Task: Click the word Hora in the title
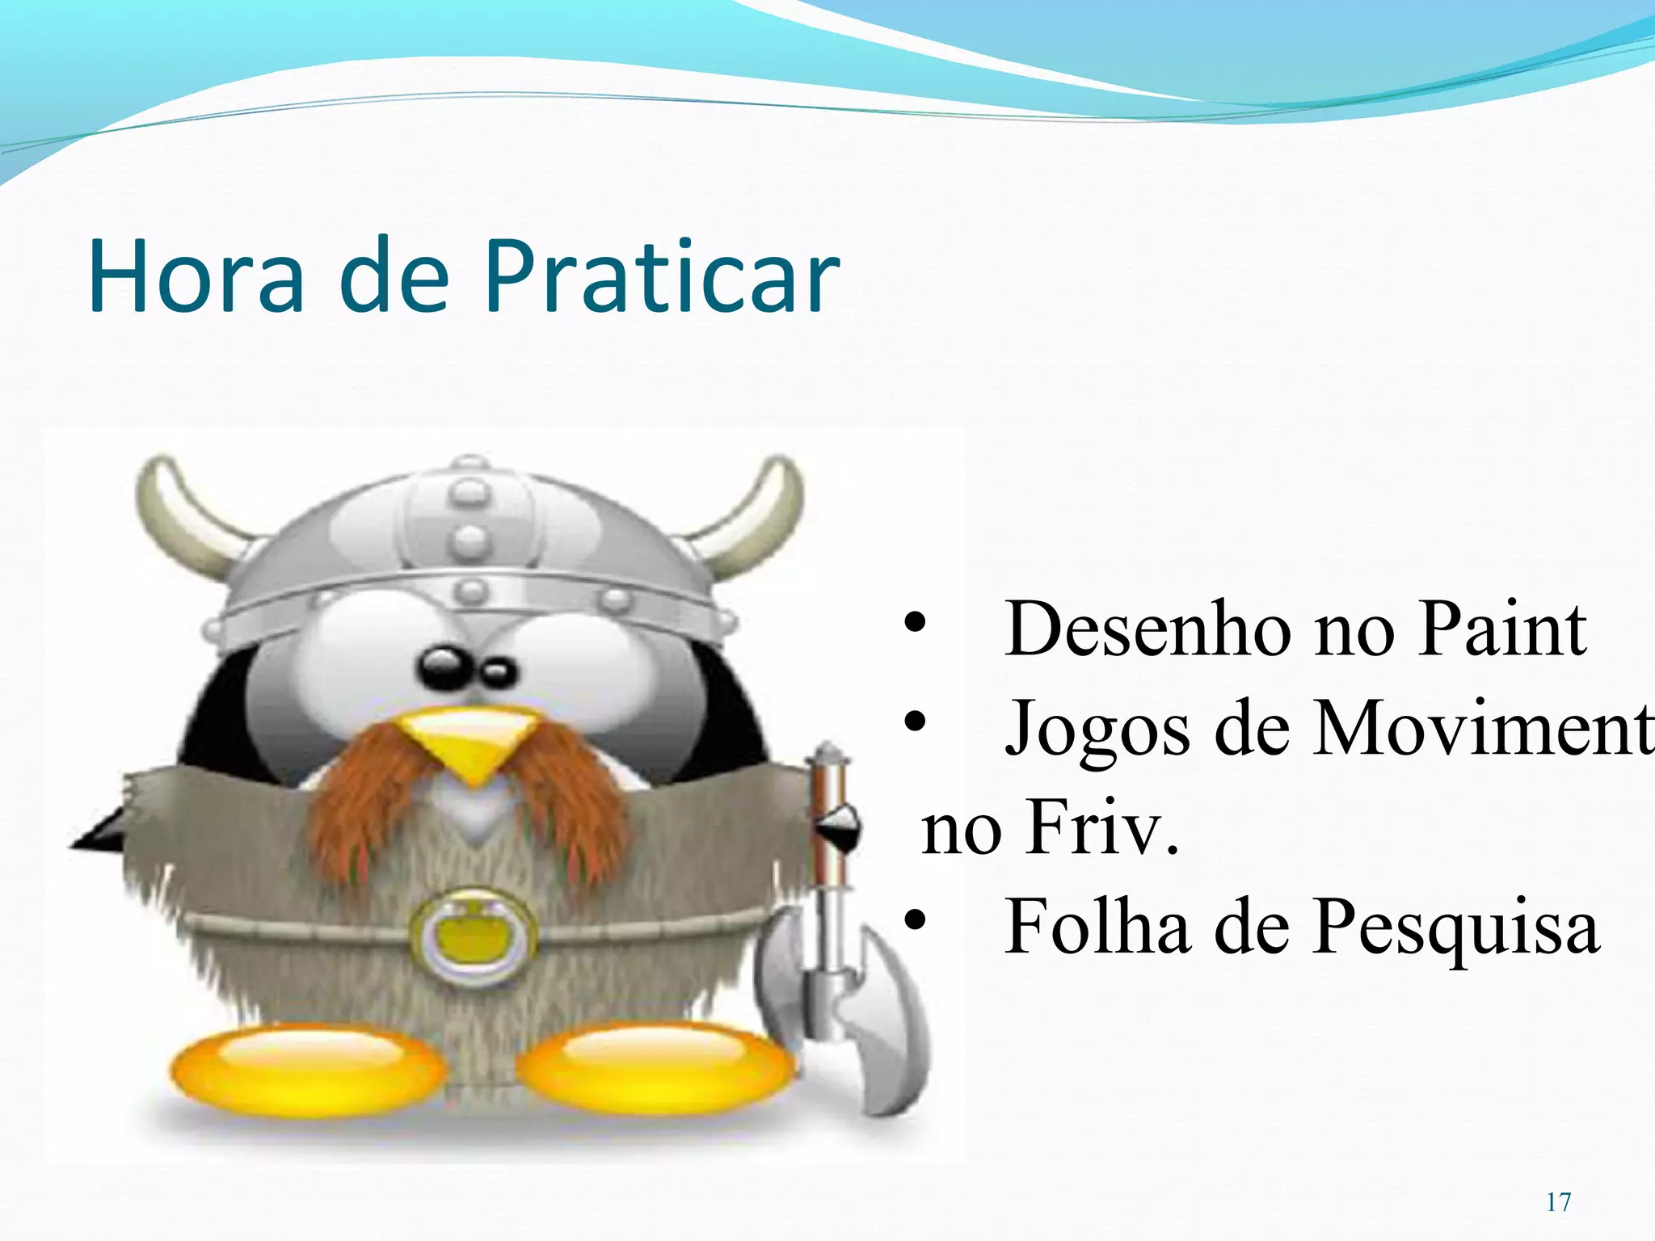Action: tap(196, 276)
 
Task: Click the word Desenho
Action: tap(1148, 630)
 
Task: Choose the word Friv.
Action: tap(1102, 829)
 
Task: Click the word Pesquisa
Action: tap(1455, 928)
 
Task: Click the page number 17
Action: tap(1559, 1202)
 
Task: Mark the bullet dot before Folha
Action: tap(914, 920)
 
